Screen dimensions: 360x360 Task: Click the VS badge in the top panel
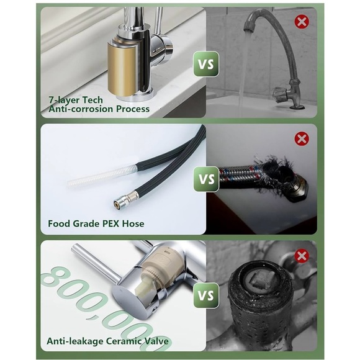tap(205, 64)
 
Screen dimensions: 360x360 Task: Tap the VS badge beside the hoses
tap(205, 179)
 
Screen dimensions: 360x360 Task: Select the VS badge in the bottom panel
tap(205, 295)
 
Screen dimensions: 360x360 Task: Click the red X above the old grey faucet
tap(302, 22)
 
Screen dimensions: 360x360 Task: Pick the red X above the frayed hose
tap(302, 138)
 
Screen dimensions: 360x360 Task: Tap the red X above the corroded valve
tap(302, 256)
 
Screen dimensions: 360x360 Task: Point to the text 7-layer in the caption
tap(64, 100)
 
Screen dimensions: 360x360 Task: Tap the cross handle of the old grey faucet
tap(281, 92)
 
